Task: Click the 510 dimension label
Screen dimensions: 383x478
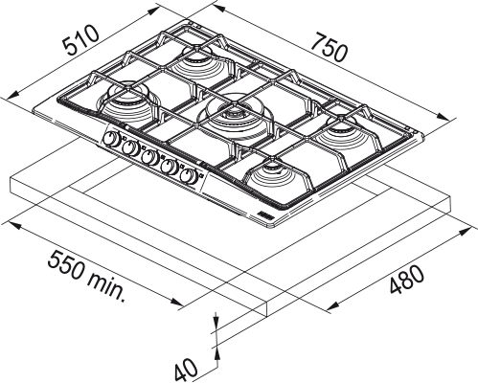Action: tap(79, 41)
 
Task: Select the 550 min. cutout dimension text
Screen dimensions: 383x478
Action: tap(88, 276)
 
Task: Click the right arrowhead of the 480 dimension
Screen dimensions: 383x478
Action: tap(467, 230)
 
